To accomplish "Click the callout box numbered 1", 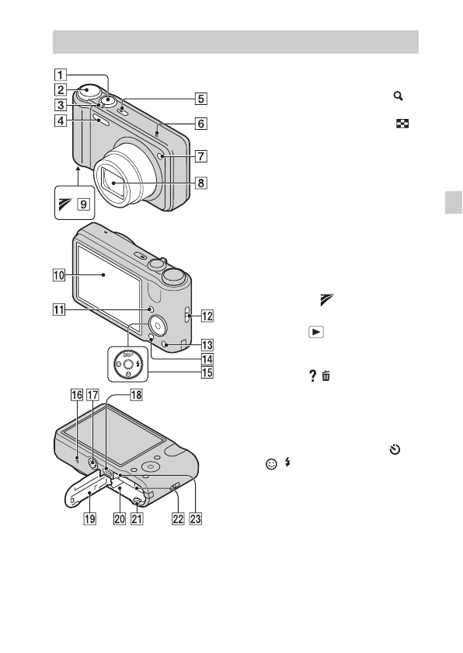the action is coord(61,75).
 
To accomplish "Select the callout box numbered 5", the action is coord(201,99).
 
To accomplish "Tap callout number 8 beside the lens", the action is coord(201,183).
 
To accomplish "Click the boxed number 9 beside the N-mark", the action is coord(84,204).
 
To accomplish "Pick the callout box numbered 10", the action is coord(59,275).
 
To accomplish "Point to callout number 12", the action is coord(207,316).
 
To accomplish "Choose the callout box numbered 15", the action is coord(207,372).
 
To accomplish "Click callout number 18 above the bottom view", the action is coord(137,394).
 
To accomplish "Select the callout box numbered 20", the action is coord(120,519).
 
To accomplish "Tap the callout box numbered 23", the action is coord(196,519).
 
